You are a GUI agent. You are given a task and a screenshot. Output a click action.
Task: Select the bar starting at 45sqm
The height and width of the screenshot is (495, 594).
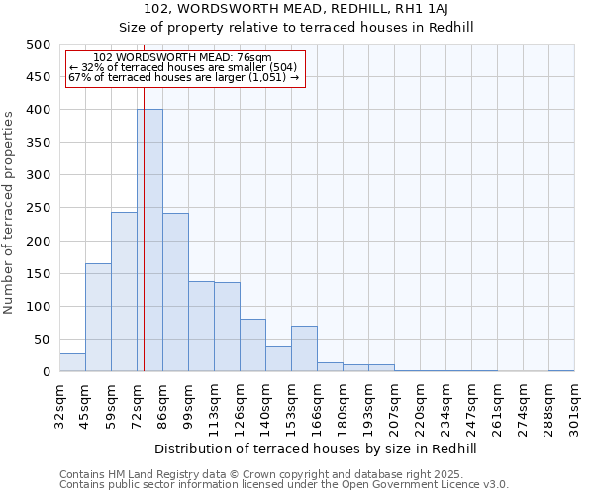[x=98, y=318]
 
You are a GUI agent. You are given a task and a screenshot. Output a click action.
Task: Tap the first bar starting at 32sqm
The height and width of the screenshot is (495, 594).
[x=72, y=362]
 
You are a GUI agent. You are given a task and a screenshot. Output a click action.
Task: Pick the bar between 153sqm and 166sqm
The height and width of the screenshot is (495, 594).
[x=304, y=348]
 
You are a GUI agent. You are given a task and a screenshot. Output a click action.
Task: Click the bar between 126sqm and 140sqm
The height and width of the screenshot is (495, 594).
[x=252, y=346]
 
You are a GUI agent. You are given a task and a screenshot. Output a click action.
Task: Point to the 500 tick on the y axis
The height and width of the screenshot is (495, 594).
[x=39, y=45]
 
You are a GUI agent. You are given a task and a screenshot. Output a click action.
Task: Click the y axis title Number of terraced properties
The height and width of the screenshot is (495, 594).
[x=10, y=213]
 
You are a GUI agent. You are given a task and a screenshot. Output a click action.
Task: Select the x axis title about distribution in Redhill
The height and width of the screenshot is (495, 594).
[x=316, y=449]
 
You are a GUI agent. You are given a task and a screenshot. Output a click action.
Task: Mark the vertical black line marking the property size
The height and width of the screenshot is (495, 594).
[x=144, y=247]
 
